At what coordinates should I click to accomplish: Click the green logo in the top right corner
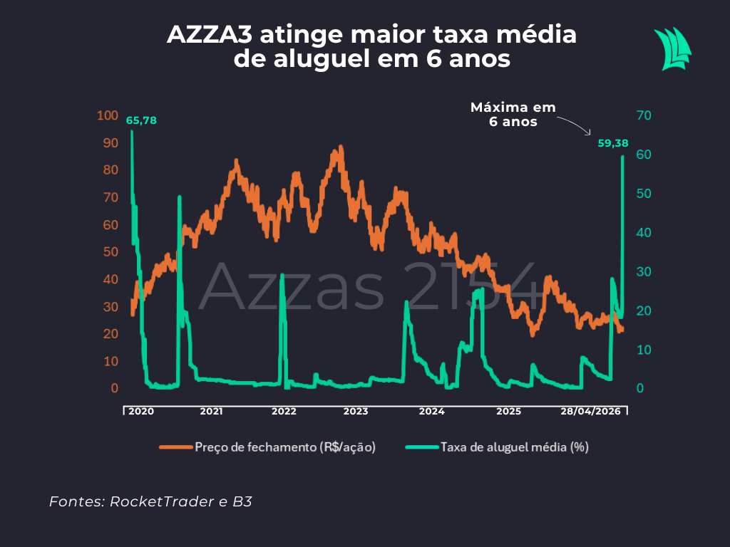coord(672,48)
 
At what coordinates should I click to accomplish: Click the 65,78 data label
coord(141,120)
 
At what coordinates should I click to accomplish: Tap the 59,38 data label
coord(613,143)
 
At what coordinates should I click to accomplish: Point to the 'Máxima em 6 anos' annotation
coord(513,115)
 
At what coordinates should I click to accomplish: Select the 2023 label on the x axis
coord(355,412)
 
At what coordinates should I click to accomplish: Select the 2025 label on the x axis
coord(508,412)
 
